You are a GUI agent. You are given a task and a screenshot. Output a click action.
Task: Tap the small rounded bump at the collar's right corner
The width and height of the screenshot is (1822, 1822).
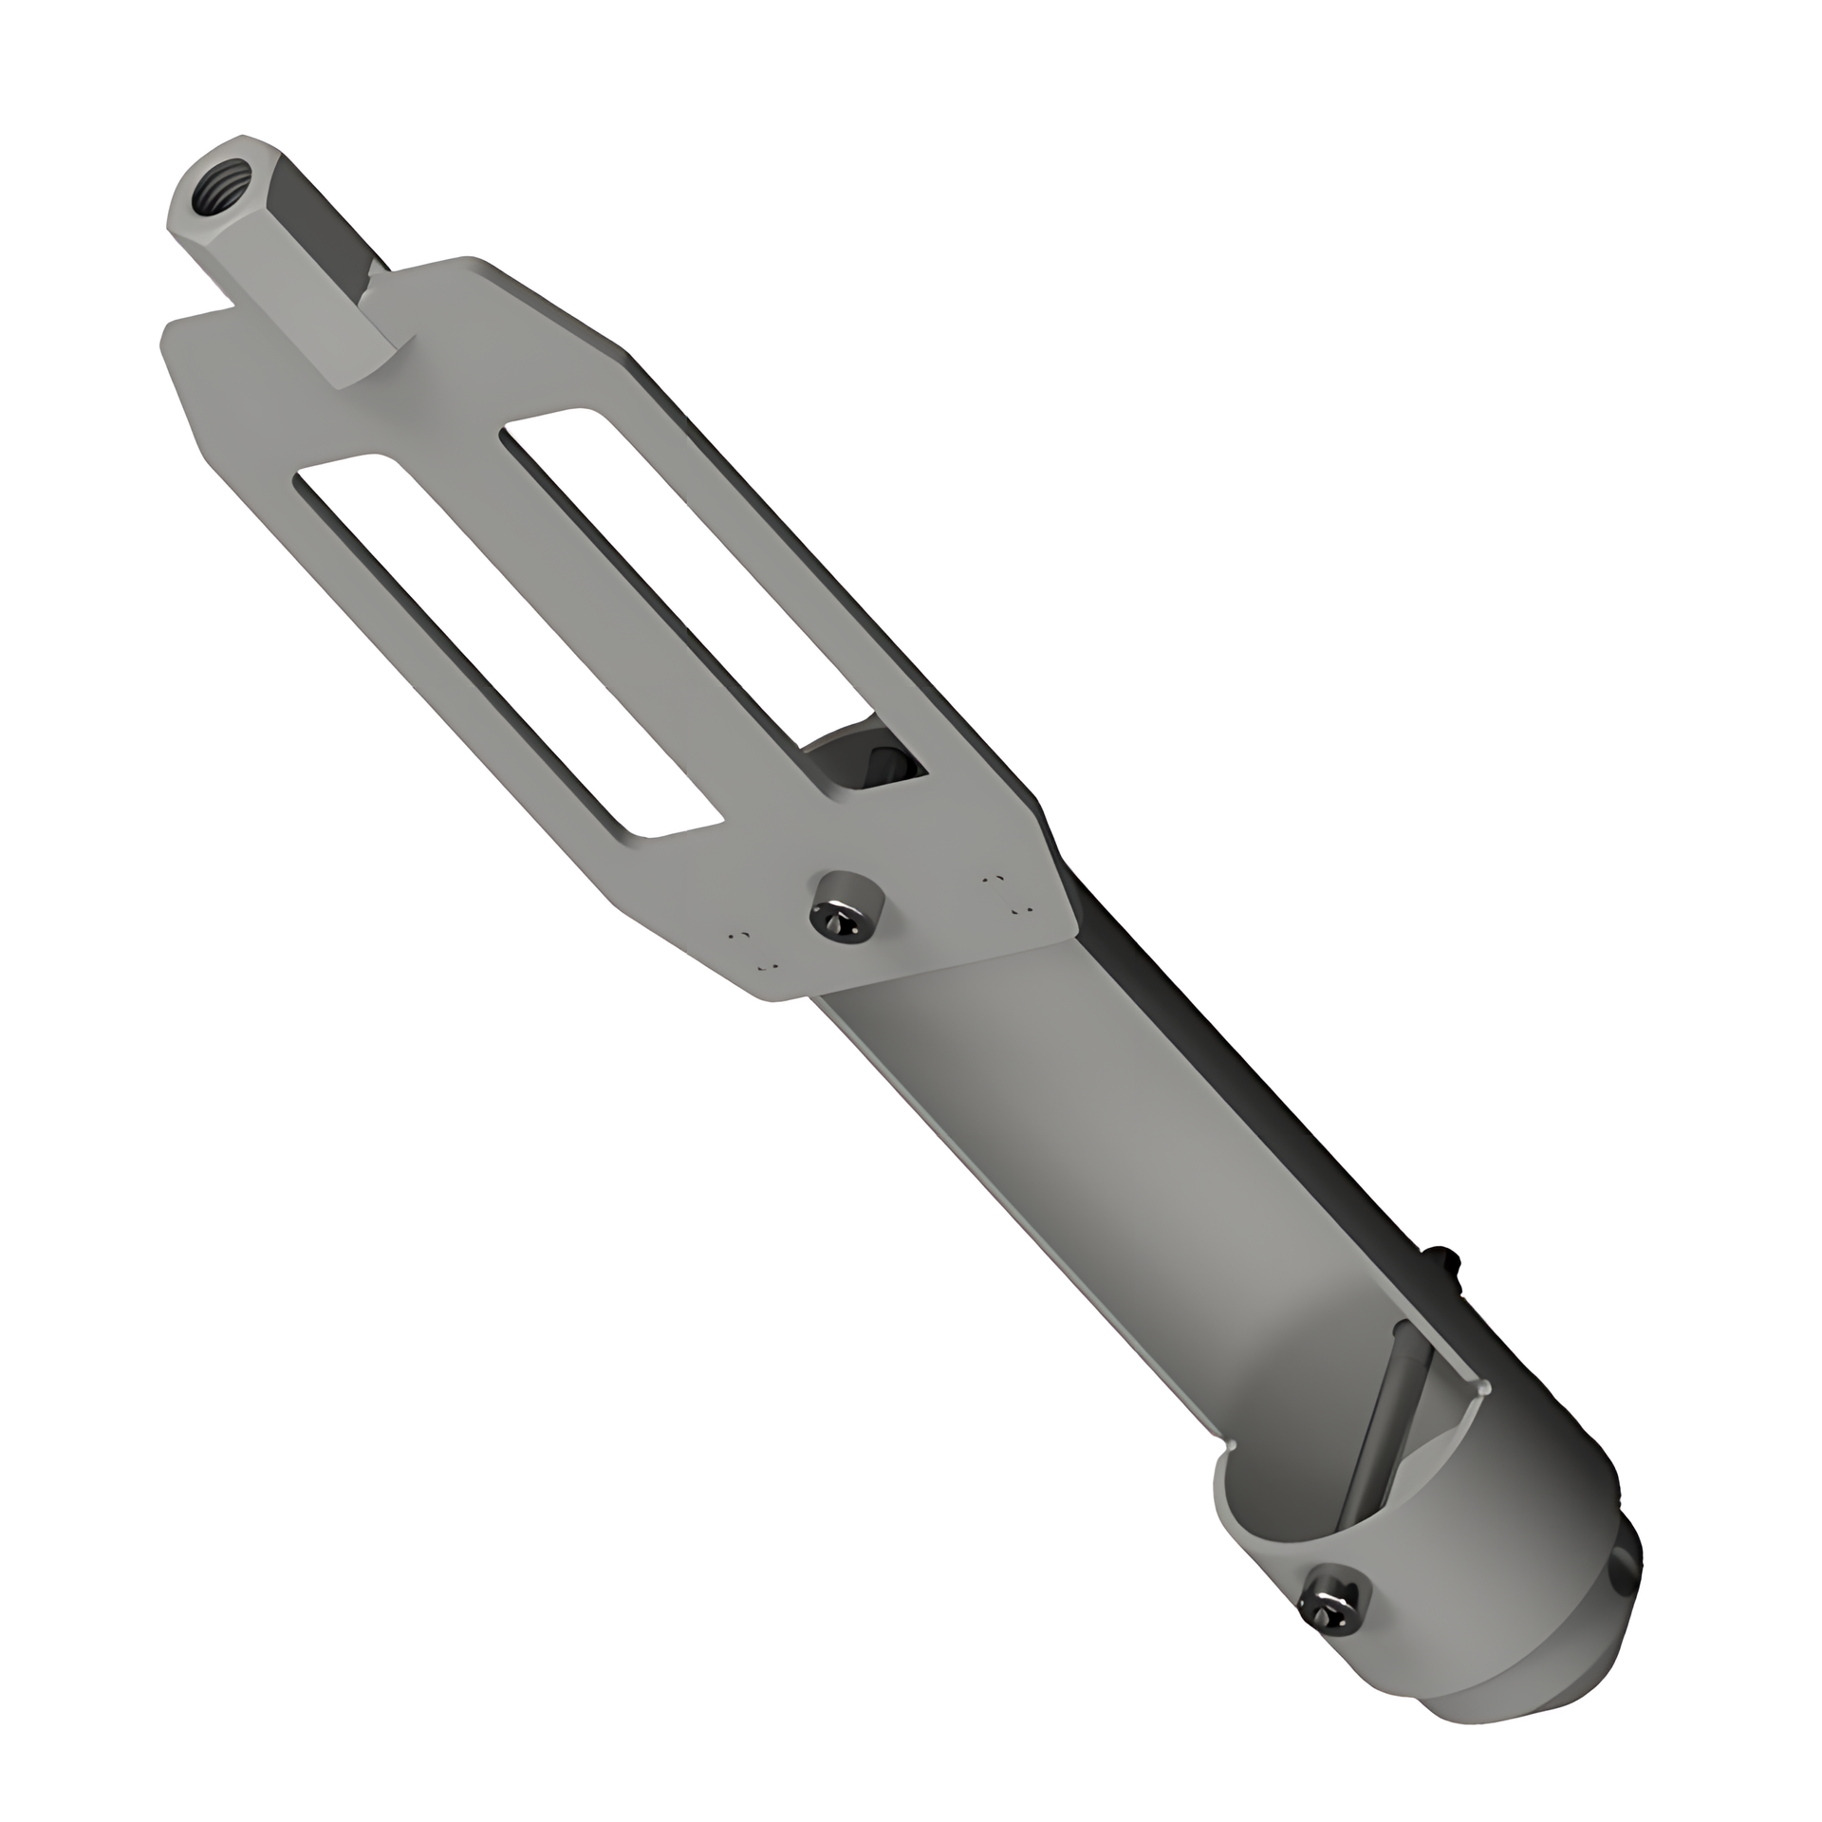coord(1482,1391)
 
